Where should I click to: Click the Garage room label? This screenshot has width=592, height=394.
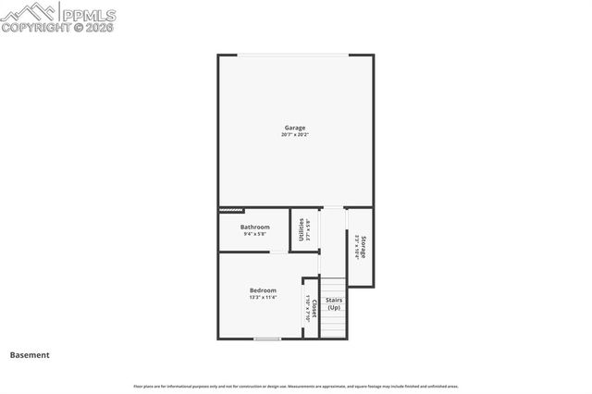click(x=294, y=128)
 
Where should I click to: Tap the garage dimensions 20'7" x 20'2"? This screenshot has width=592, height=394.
click(x=294, y=135)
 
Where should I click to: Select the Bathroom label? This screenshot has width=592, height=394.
click(x=255, y=227)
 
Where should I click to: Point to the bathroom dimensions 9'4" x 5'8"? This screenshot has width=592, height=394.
click(x=255, y=234)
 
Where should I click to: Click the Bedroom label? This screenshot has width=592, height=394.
click(x=263, y=290)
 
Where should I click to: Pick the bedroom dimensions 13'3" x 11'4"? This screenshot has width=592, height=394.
click(x=263, y=298)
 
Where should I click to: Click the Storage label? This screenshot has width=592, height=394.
click(x=364, y=247)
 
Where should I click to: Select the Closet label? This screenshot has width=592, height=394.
click(x=314, y=308)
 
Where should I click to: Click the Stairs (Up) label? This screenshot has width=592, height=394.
click(x=334, y=303)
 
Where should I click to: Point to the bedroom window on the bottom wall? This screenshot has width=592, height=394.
click(x=267, y=339)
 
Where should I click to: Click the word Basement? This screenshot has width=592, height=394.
click(x=30, y=355)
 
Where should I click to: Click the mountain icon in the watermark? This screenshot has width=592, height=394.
click(x=30, y=12)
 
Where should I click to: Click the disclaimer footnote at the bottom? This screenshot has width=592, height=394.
click(x=296, y=387)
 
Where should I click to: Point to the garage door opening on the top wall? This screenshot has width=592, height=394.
click(x=296, y=55)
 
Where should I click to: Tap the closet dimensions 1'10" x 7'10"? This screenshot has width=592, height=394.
click(x=308, y=308)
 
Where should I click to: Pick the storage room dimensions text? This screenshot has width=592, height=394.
click(x=356, y=247)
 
